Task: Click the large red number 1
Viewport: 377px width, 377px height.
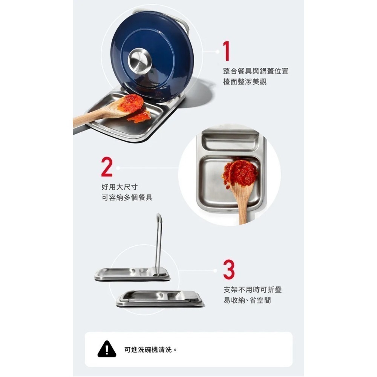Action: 226,51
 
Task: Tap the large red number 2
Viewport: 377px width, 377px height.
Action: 107,168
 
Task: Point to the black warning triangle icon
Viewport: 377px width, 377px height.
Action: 107,349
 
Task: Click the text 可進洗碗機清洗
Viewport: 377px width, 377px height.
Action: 150,349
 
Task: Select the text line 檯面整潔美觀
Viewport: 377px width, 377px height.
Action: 245,81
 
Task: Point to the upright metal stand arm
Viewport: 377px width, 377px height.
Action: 158,241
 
